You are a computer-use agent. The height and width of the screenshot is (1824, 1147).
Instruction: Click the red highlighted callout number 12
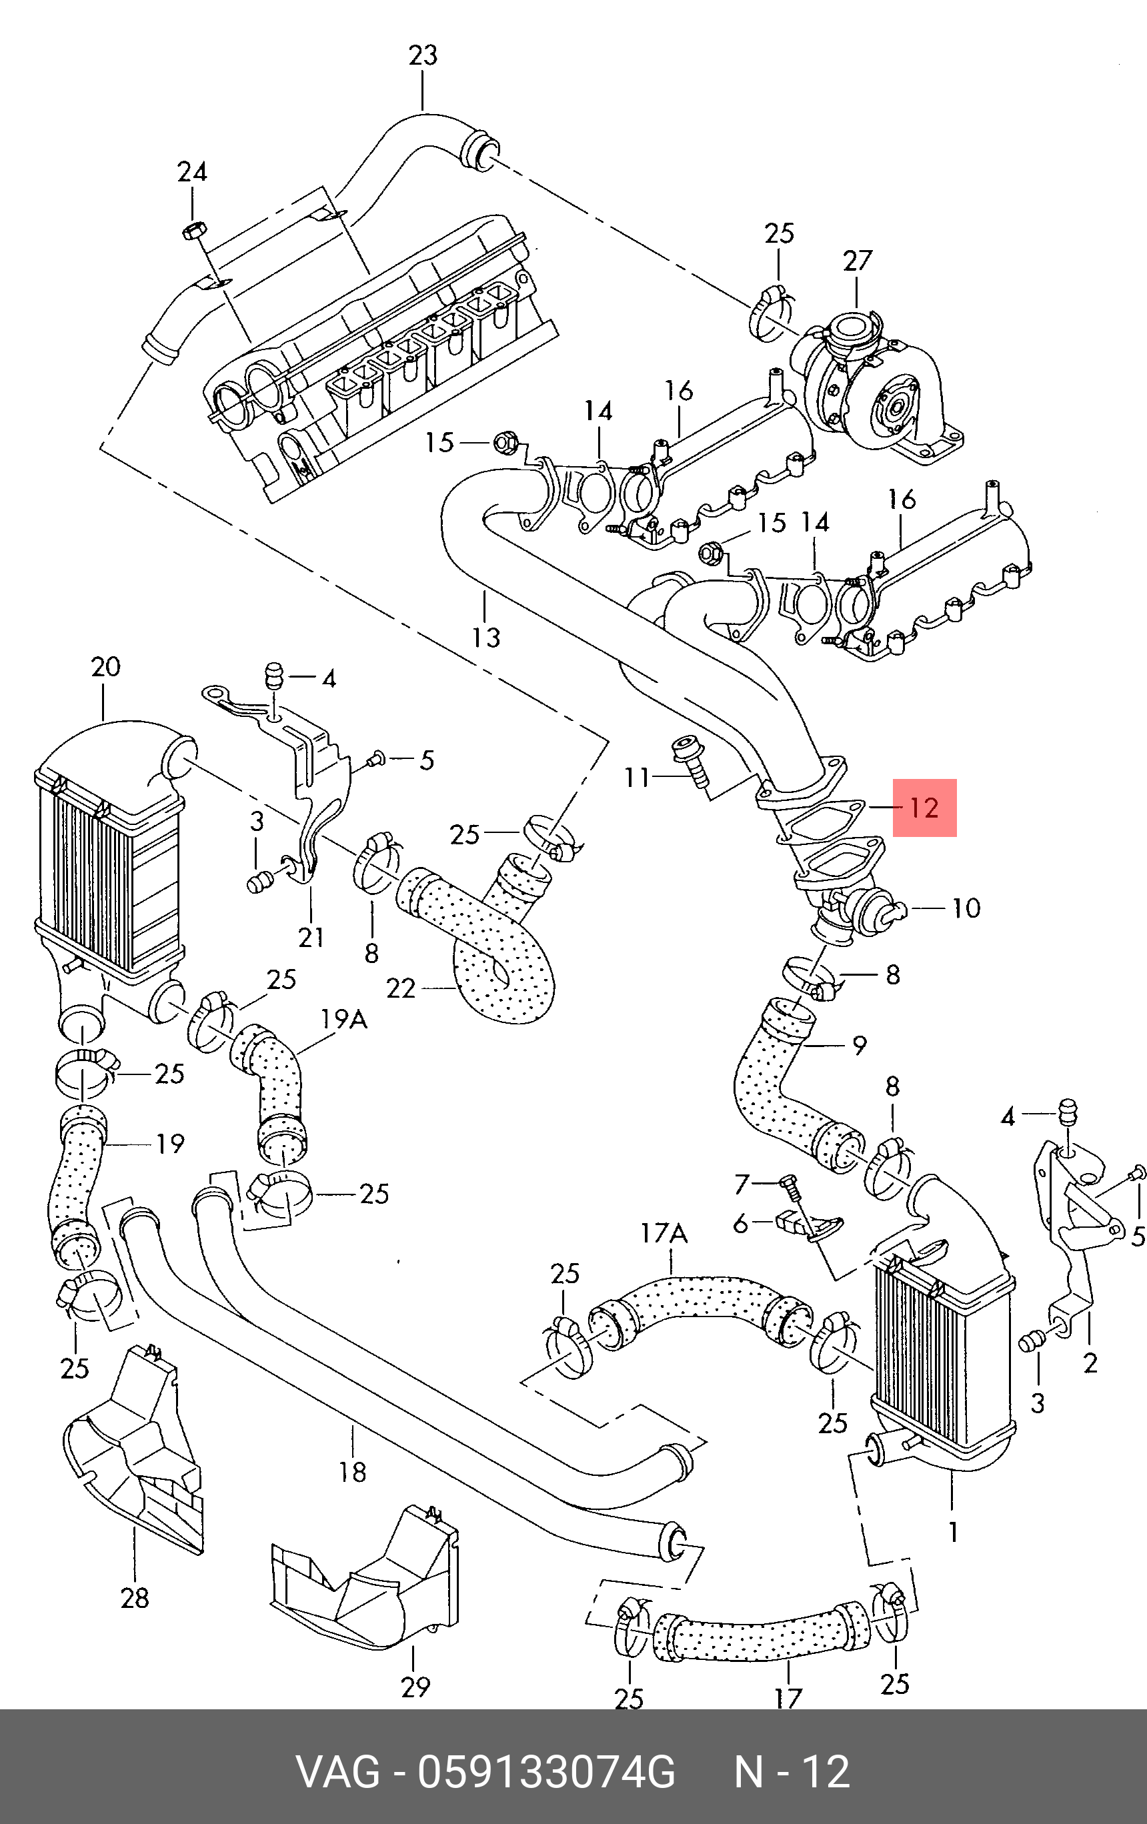point(924,808)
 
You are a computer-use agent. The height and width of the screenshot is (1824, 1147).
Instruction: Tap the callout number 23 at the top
point(423,55)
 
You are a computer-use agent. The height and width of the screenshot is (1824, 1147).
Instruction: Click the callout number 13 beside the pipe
point(485,637)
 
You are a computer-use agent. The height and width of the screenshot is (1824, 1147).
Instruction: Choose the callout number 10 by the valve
point(966,908)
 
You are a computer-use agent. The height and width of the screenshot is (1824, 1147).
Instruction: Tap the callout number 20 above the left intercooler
point(105,667)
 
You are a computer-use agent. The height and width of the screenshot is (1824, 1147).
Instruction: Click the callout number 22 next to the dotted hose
point(401,988)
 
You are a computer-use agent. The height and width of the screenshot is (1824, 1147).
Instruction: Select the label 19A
point(344,1019)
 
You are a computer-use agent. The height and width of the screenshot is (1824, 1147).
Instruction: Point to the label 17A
point(664,1234)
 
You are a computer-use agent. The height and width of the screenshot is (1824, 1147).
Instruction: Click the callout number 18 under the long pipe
point(352,1472)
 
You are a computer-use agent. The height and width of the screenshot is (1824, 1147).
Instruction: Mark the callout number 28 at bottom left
point(135,1599)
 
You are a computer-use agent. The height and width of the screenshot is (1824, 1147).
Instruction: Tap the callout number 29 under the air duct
point(415,1687)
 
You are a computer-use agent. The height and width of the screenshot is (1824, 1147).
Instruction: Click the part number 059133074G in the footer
point(546,1773)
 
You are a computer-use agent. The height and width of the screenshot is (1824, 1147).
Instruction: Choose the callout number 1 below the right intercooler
point(953,1533)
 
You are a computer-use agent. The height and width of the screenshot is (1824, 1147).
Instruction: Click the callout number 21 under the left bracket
point(311,937)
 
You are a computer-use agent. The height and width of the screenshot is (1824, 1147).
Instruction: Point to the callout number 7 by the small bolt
point(742,1183)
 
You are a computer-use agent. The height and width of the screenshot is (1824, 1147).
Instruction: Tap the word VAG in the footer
point(338,1773)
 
